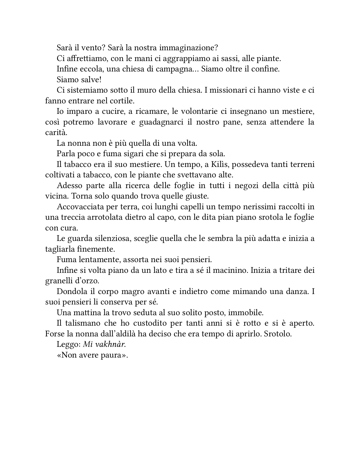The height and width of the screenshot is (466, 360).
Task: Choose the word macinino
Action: (x=230, y=270)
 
